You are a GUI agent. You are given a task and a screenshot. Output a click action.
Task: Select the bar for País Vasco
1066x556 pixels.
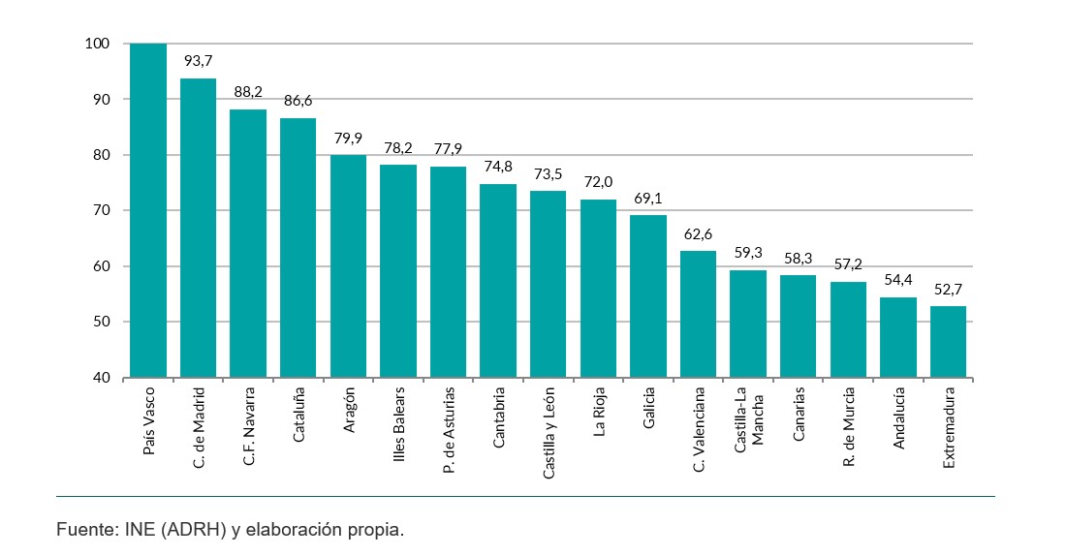click(148, 210)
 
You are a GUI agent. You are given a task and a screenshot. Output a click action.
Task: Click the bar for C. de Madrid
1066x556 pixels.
click(198, 228)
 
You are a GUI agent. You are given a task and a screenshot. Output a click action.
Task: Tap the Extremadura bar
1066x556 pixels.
click(948, 341)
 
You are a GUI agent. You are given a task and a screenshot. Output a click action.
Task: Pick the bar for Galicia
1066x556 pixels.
click(648, 295)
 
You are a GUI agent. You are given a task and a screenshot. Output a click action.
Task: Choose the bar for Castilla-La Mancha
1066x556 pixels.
click(748, 324)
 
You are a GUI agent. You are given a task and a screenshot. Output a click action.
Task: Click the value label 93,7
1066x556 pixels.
click(199, 61)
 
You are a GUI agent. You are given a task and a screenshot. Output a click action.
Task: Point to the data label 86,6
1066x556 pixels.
click(298, 101)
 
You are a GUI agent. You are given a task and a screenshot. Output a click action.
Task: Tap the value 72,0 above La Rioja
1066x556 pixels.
click(598, 182)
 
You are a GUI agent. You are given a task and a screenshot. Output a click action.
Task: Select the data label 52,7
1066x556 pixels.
click(948, 289)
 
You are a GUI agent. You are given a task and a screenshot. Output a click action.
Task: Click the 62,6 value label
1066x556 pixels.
click(699, 233)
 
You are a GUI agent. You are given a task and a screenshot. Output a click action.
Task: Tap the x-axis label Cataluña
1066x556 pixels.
click(299, 415)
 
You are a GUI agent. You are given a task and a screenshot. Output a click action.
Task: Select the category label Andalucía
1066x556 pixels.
click(899, 417)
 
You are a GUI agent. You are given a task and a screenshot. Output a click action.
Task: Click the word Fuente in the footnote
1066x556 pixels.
click(83, 530)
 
